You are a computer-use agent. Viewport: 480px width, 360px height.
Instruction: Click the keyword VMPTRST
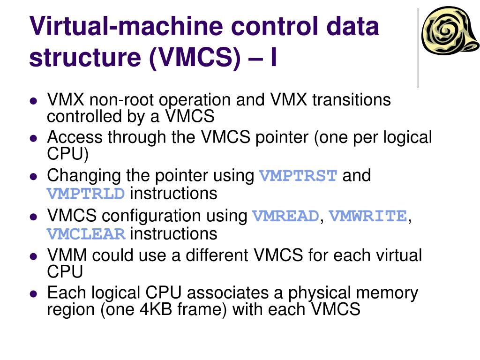click(298, 177)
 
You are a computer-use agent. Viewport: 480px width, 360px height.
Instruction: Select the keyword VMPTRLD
click(86, 194)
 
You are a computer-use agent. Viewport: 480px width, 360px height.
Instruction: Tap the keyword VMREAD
click(285, 217)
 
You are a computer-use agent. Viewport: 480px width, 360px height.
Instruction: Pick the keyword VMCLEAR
click(86, 234)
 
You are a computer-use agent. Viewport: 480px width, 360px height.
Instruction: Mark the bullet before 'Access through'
click(33, 139)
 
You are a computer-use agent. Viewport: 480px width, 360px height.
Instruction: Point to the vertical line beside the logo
click(418, 47)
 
